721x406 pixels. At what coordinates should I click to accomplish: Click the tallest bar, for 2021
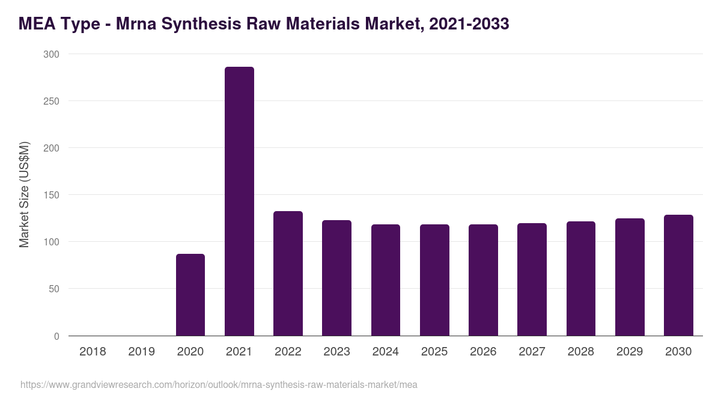tap(239, 201)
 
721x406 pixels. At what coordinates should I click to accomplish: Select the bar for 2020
tap(190, 295)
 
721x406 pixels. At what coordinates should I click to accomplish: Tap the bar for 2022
tap(288, 273)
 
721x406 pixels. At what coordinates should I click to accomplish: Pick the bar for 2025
tap(434, 280)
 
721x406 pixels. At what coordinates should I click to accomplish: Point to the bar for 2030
tap(678, 275)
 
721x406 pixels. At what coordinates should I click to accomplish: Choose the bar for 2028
tap(581, 278)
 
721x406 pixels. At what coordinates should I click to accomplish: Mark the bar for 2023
tap(336, 278)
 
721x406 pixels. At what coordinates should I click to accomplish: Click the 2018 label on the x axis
tap(93, 352)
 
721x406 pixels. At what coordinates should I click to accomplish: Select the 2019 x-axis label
tap(141, 352)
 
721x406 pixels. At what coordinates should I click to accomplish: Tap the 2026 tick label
tap(483, 352)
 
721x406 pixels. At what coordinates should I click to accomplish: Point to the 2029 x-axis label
tap(630, 352)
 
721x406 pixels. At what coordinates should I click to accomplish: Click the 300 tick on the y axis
tap(52, 54)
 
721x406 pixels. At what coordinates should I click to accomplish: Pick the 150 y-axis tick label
tap(52, 195)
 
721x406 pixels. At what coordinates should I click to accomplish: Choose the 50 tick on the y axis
tap(55, 289)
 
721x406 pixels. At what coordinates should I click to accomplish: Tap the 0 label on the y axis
tap(57, 336)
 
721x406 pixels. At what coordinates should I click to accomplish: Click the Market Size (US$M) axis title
tap(25, 194)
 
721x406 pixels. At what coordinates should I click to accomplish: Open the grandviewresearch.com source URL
tap(219, 384)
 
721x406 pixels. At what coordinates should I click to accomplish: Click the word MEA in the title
tap(37, 24)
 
